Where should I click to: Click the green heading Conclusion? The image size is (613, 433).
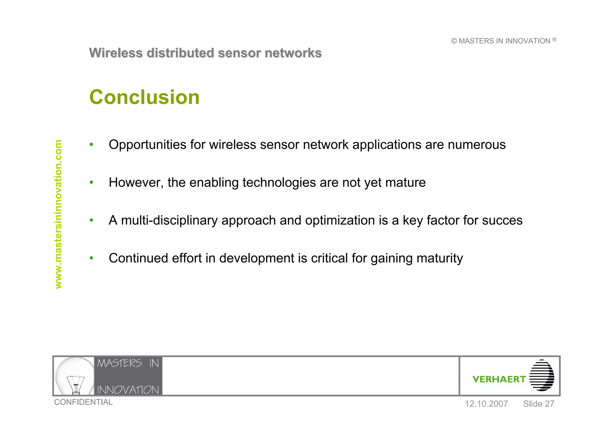tap(144, 97)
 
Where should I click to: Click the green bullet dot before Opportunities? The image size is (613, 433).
tap(91, 145)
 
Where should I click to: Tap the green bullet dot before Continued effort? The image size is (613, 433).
tap(91, 258)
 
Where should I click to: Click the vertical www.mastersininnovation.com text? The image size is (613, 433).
tap(58, 214)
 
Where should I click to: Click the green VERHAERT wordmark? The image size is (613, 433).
tap(499, 379)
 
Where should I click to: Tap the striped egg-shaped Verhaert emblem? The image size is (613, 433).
tap(541, 376)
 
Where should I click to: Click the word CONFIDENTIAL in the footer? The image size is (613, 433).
tap(83, 402)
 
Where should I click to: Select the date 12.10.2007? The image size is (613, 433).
tap(486, 404)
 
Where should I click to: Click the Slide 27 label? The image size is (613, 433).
tap(538, 404)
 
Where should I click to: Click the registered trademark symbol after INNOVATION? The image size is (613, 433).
tap(554, 39)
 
